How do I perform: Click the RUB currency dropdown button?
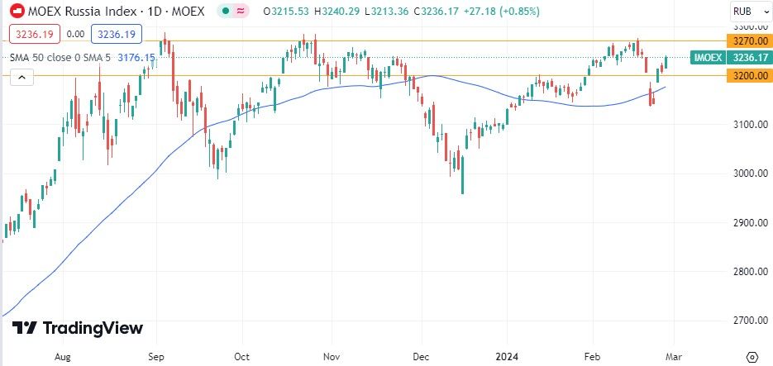(x=744, y=12)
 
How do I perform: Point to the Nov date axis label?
(x=331, y=356)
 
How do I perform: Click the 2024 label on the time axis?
(x=508, y=356)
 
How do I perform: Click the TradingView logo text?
(x=79, y=328)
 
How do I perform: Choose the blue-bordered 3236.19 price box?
(x=116, y=35)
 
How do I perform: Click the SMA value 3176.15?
(x=137, y=57)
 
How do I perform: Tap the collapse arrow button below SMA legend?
(x=22, y=78)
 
